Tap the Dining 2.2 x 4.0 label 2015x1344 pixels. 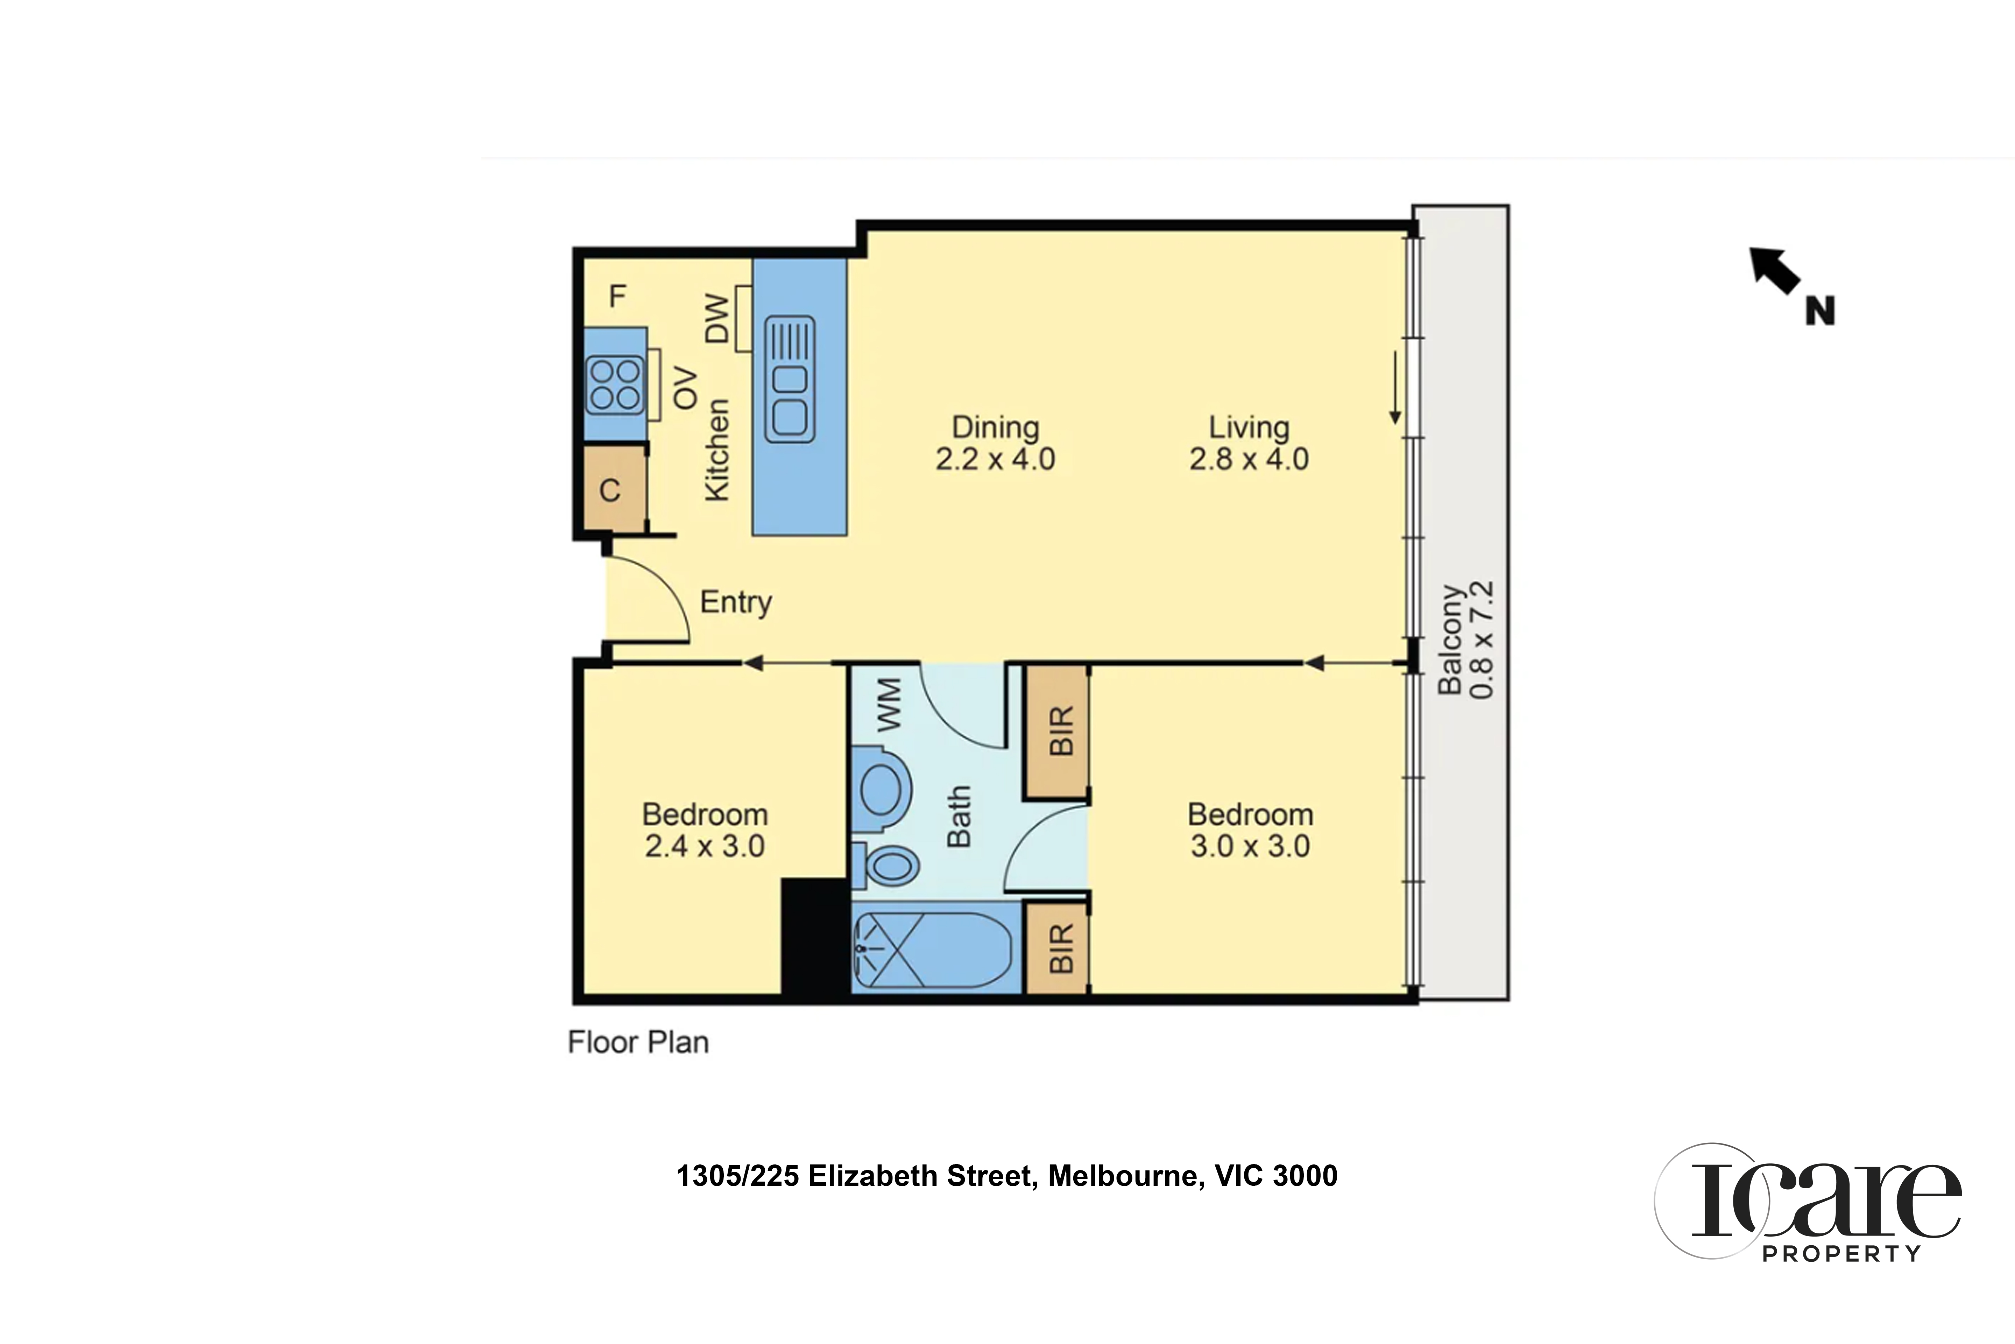click(x=996, y=443)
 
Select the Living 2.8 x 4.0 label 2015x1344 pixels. click(x=1249, y=443)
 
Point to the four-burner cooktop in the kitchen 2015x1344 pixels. click(x=614, y=384)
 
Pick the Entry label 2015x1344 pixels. click(x=736, y=602)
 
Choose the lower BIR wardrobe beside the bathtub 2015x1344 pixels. click(x=1058, y=948)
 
